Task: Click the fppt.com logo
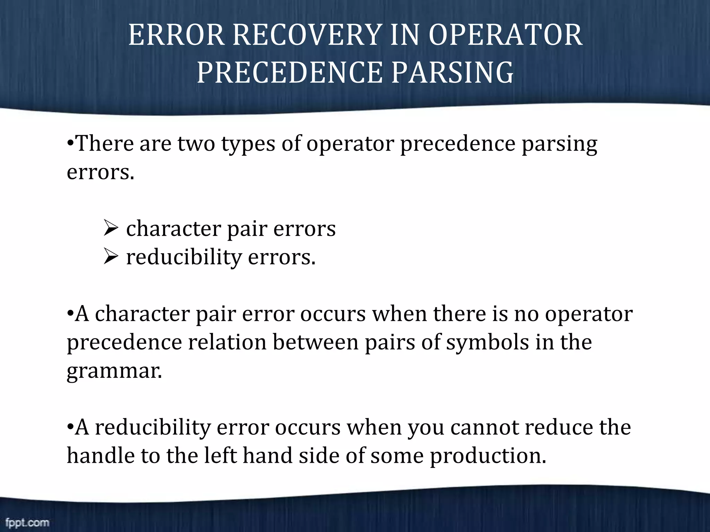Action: [27, 523]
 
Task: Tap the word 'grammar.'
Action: [114, 371]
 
